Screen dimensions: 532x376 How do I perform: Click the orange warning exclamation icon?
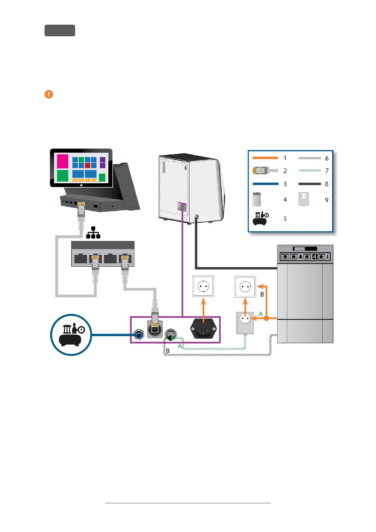click(49, 94)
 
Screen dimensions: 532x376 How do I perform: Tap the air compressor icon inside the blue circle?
click(71, 335)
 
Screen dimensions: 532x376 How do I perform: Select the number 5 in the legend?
click(285, 219)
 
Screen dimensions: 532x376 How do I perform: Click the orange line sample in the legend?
click(265, 158)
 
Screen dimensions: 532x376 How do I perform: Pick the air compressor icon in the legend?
click(261, 218)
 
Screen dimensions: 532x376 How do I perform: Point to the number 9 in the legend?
click(327, 200)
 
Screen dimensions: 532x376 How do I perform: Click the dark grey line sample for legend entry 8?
click(309, 184)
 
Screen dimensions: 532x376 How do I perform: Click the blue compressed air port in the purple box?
click(139, 334)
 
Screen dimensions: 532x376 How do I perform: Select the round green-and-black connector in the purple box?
click(171, 335)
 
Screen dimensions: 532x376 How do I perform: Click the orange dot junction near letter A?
click(266, 318)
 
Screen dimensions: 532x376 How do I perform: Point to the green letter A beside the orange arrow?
click(260, 314)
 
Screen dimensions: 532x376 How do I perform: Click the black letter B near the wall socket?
click(262, 294)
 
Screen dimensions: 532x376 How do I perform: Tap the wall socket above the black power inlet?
click(203, 286)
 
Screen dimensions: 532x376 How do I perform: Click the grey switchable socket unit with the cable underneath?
click(245, 323)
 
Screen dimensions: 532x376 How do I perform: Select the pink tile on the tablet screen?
click(63, 161)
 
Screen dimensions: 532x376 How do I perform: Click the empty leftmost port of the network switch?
click(81, 259)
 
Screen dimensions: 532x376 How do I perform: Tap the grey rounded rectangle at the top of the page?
click(60, 30)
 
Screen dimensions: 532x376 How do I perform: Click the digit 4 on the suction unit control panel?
click(314, 257)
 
